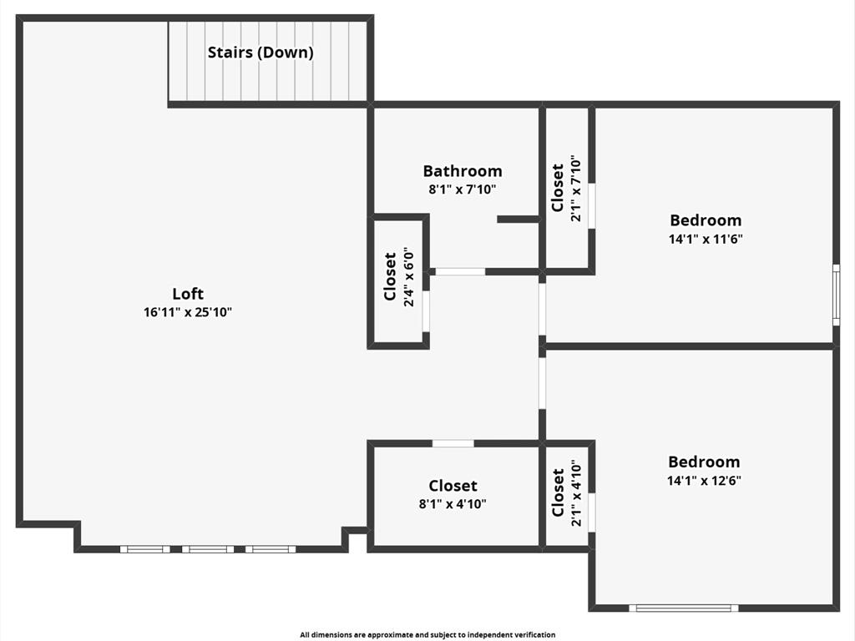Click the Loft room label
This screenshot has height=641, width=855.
coord(188,294)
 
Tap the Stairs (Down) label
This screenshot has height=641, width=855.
coord(261,53)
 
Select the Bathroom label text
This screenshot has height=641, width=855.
coord(463,171)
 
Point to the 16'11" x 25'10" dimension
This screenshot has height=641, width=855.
coord(188,312)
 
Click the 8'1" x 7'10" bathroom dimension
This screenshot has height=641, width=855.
coord(463,189)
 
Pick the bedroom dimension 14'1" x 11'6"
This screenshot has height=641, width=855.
coord(706,239)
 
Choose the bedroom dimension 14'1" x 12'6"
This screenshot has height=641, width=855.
coord(704,481)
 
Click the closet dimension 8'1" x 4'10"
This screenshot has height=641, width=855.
coord(453,504)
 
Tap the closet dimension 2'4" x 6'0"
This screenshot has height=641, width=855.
coord(409,277)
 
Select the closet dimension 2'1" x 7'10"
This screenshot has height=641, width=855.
coord(576,189)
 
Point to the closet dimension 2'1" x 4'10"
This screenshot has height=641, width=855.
coord(576,494)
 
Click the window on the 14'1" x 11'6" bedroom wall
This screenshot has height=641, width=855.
coord(836,295)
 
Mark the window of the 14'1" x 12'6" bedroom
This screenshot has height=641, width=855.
coord(684,608)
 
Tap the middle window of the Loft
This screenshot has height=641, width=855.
coord(208,549)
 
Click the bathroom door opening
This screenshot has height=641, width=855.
coord(460,271)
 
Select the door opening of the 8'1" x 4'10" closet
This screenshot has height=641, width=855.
coord(453,444)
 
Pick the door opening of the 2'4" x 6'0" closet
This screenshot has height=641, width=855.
coord(426,310)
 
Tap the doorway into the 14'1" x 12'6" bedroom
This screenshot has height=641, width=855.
coord(542,383)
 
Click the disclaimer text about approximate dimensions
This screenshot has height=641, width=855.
coord(427,634)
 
